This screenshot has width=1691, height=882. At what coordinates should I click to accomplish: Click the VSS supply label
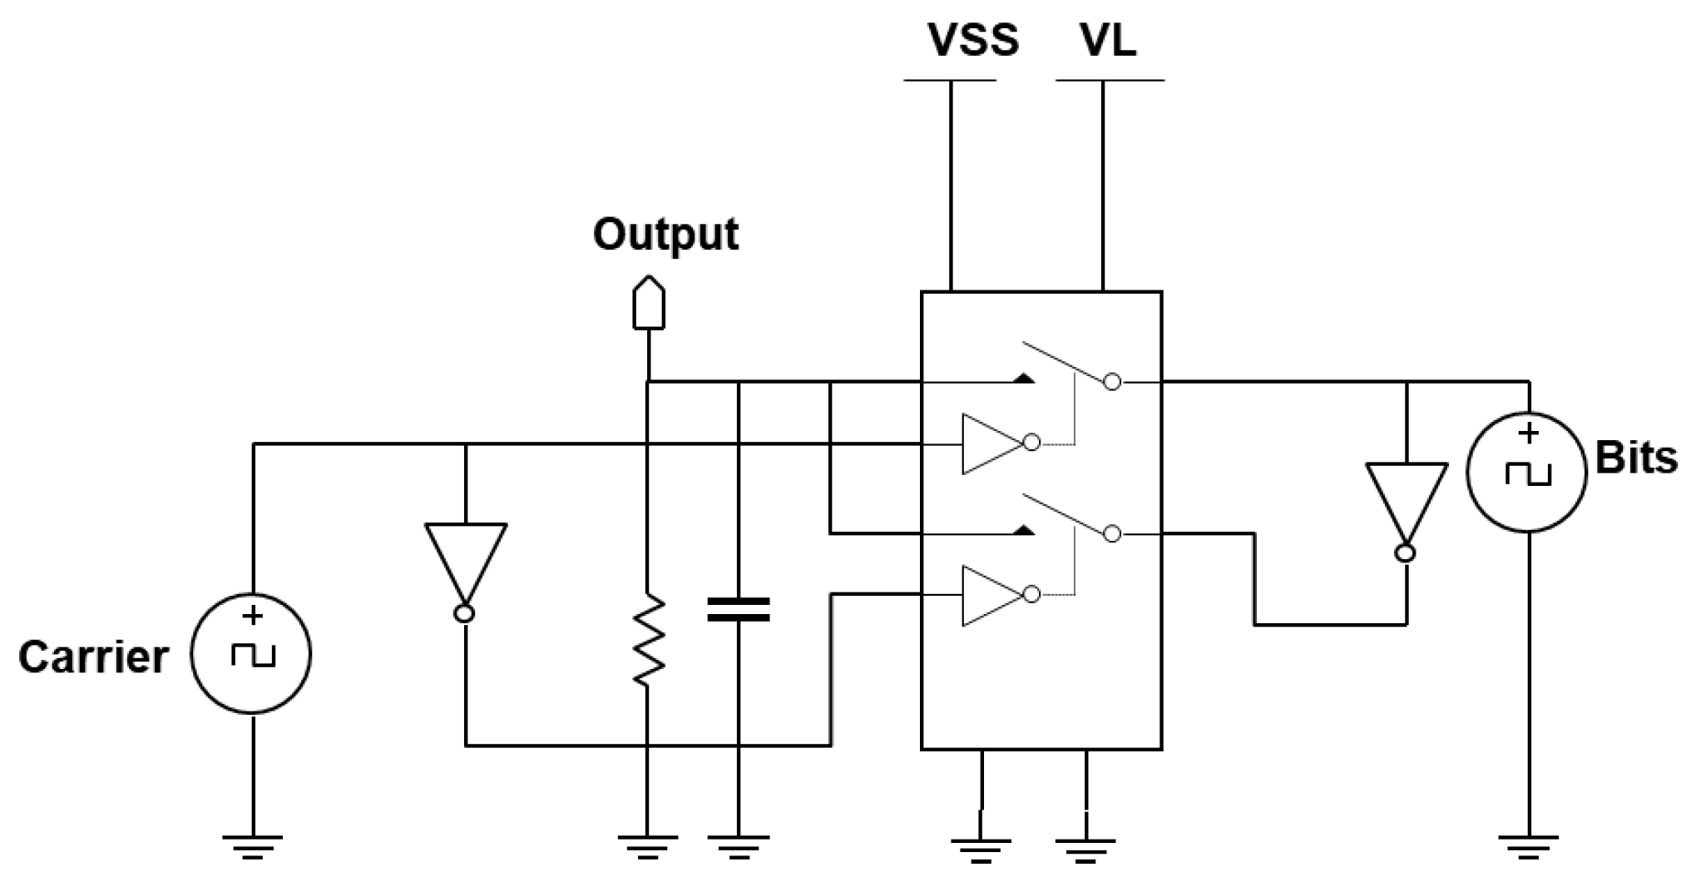pyautogui.click(x=972, y=40)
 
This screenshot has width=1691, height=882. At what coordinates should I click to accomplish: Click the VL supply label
pyautogui.click(x=1109, y=40)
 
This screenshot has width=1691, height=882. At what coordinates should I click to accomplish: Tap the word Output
pyautogui.click(x=665, y=234)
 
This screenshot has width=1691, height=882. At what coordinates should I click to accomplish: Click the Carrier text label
pyautogui.click(x=93, y=657)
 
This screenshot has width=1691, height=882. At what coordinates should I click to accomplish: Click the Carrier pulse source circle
pyautogui.click(x=251, y=653)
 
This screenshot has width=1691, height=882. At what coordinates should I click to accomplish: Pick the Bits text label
pyautogui.click(x=1635, y=458)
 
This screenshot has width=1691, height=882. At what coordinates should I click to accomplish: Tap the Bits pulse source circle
pyautogui.click(x=1527, y=472)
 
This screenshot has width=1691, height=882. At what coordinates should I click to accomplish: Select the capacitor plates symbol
pyautogui.click(x=738, y=609)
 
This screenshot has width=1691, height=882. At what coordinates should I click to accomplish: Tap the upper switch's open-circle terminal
pyautogui.click(x=1112, y=382)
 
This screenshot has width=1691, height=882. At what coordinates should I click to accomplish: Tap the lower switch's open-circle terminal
pyautogui.click(x=1112, y=534)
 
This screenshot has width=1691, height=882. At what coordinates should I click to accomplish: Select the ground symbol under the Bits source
pyautogui.click(x=1529, y=845)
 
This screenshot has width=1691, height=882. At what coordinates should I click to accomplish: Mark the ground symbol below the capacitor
pyautogui.click(x=738, y=845)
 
